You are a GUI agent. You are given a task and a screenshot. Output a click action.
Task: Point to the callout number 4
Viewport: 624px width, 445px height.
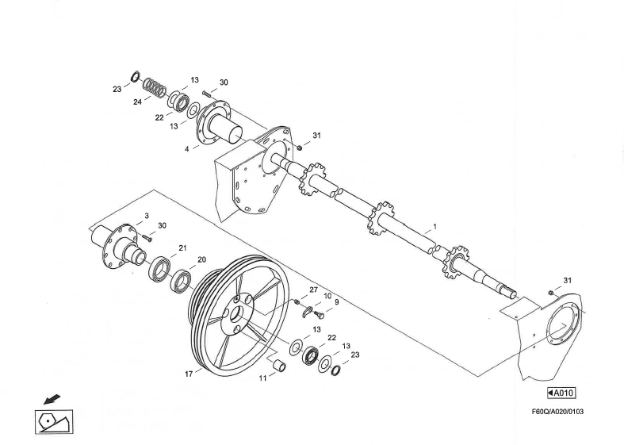(187, 148)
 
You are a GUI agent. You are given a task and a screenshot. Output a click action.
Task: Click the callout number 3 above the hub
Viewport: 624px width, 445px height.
(146, 216)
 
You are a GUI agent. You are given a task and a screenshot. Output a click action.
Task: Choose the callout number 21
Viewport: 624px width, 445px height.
(182, 248)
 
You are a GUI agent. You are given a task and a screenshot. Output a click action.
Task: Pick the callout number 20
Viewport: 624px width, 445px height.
(201, 260)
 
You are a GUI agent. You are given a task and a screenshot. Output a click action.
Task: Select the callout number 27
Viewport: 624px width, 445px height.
(313, 289)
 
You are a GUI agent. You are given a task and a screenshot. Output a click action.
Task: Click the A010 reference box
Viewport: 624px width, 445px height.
(561, 393)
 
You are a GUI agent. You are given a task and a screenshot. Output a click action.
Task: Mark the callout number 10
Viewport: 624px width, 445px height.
(326, 295)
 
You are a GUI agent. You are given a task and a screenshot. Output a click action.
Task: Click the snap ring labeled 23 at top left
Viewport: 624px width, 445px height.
(136, 77)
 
